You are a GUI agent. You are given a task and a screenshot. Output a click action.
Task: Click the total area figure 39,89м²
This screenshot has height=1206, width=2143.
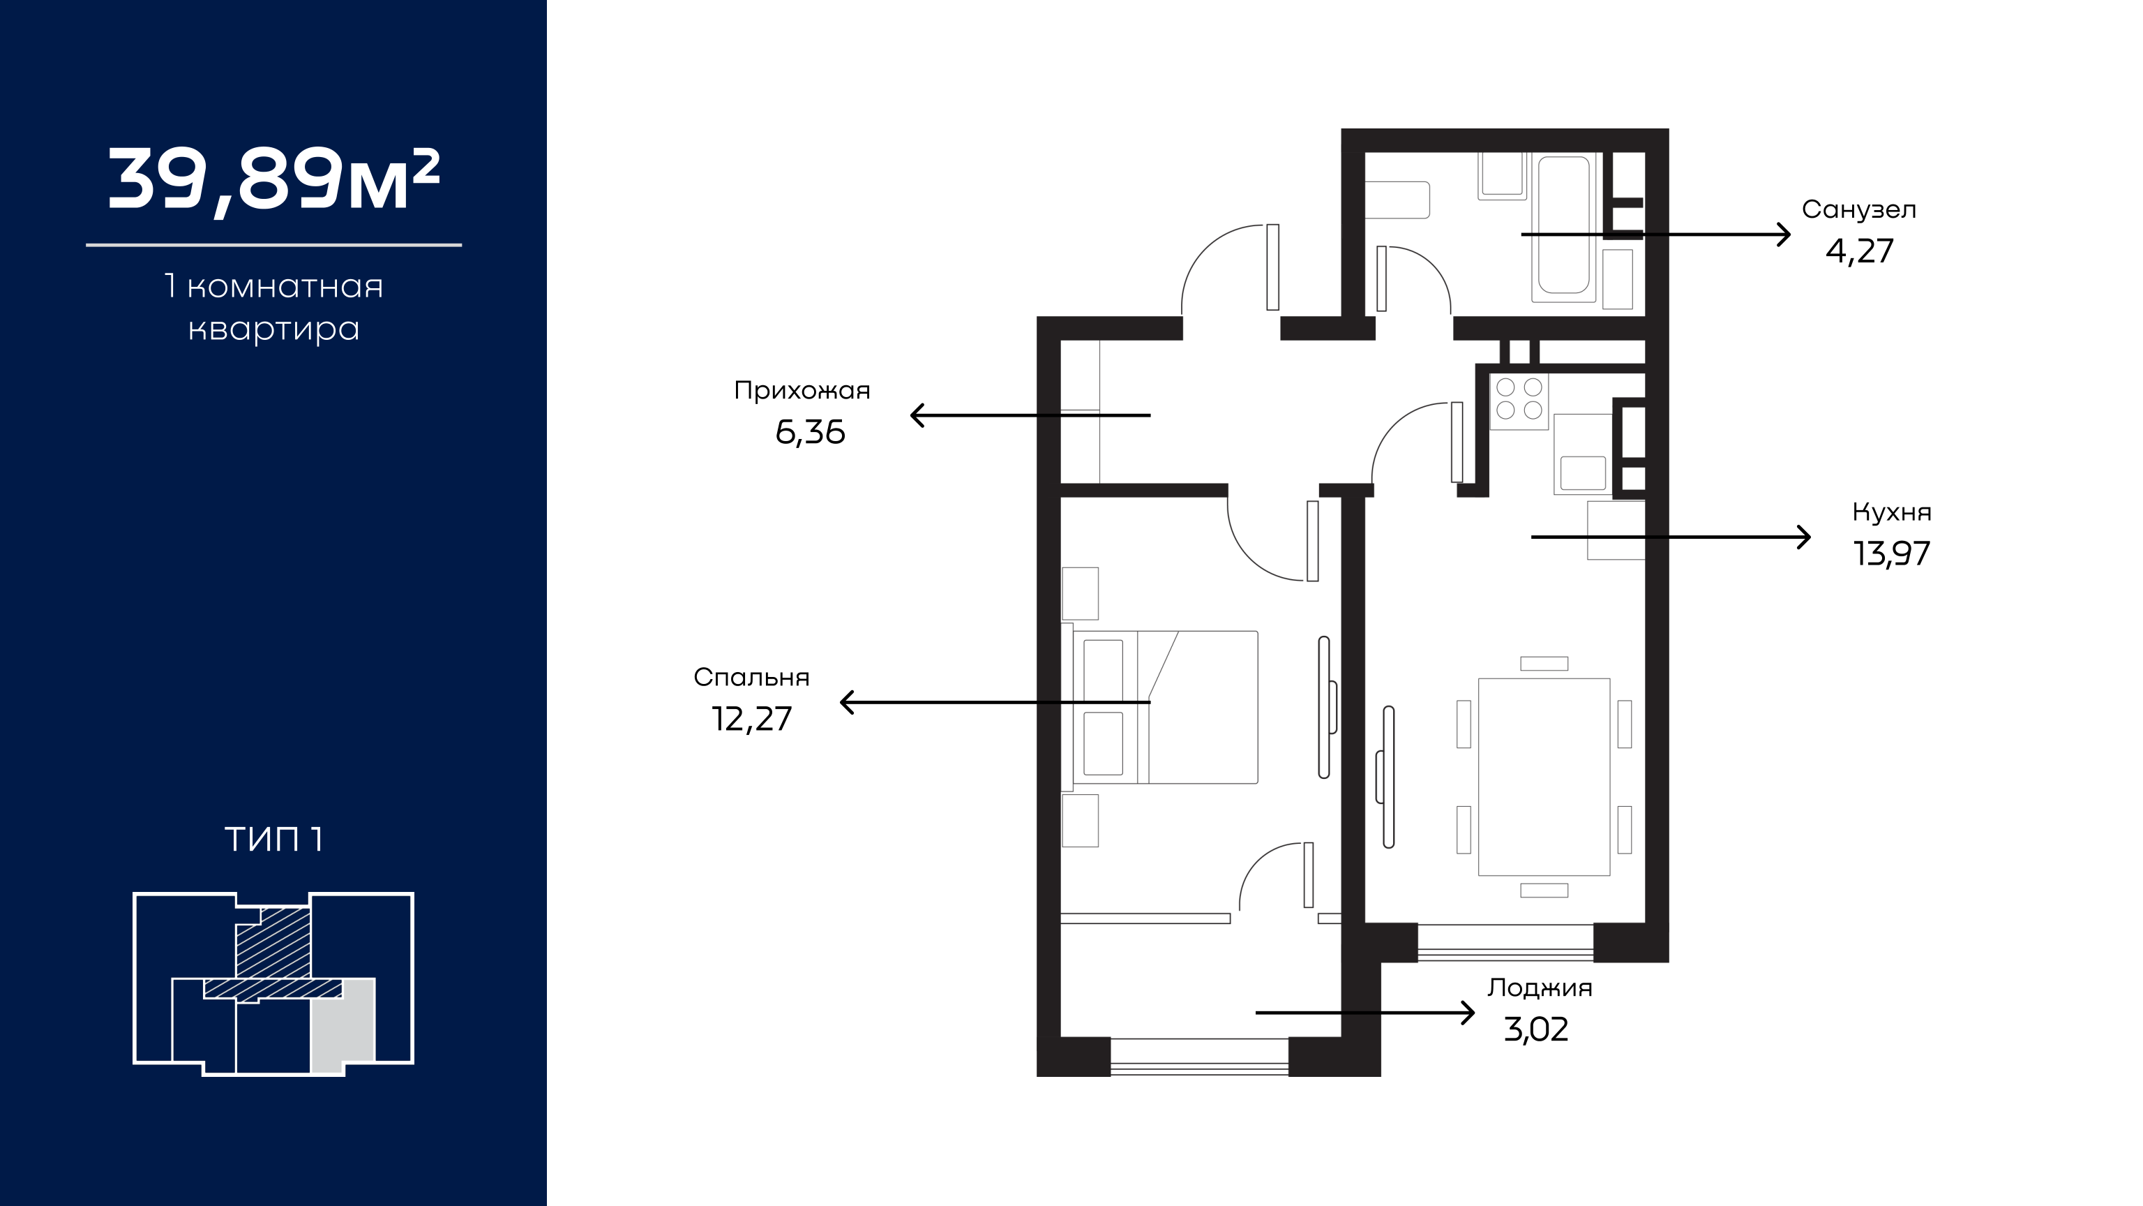273,180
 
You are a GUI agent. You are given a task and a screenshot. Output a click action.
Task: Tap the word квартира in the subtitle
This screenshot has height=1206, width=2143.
273,329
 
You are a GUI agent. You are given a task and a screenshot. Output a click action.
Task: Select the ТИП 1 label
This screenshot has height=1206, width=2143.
273,839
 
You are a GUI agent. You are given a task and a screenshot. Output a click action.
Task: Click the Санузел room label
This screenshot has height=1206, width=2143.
1858,210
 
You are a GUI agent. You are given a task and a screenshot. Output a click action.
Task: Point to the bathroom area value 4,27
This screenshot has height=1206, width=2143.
1859,251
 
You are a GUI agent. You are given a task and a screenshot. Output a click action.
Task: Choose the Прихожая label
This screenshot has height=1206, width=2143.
802,391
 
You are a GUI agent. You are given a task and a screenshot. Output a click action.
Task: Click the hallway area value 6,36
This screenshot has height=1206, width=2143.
809,432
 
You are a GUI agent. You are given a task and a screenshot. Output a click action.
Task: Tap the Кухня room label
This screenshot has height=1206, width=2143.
1891,512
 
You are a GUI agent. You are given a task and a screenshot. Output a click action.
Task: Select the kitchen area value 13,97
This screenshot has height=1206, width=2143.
1891,553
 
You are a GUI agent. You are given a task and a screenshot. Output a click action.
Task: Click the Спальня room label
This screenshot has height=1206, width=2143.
751,678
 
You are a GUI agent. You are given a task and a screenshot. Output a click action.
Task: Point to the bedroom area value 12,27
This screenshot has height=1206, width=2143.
751,719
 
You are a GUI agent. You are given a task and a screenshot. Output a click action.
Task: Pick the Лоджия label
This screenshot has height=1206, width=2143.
1539,989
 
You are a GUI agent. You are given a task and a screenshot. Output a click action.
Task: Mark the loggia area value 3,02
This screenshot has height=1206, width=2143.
1535,1029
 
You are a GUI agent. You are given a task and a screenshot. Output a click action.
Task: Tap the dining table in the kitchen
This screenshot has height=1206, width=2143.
1544,777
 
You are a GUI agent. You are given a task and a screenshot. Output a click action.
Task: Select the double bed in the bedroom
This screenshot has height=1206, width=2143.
1165,706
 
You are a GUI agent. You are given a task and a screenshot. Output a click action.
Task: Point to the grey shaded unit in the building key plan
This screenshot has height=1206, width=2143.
343,1025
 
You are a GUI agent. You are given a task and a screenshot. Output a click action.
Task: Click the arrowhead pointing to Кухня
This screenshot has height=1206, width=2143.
1803,537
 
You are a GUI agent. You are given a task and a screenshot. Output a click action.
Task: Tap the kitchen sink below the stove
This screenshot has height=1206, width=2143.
1582,472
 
